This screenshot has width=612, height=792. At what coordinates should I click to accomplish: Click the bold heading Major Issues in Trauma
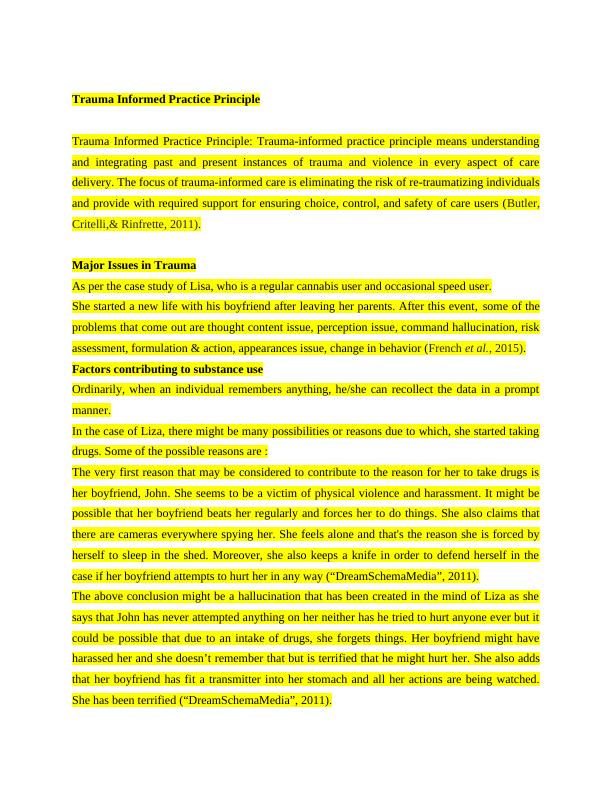coord(134,265)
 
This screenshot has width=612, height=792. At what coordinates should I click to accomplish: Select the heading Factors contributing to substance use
coord(167,369)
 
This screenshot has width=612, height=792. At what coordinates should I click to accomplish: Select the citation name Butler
coord(521,203)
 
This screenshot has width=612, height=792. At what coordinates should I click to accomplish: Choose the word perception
coord(318,327)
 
